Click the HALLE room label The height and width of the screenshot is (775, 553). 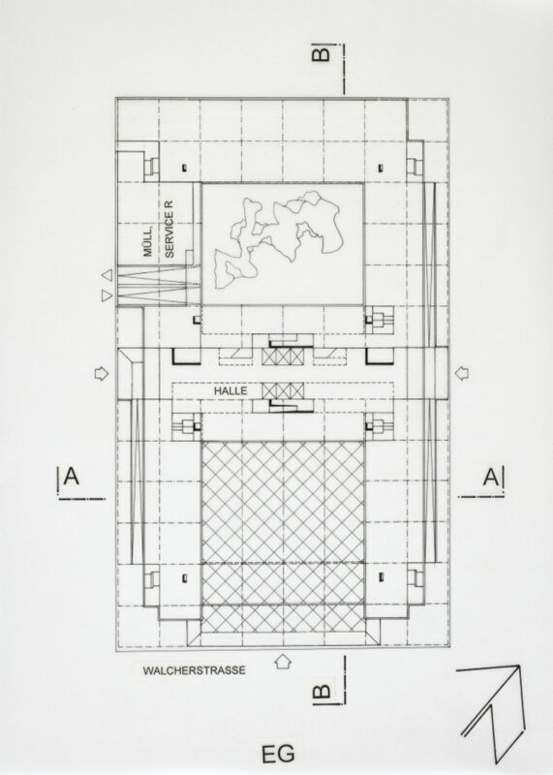230,390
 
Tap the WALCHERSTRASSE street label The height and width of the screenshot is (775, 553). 195,670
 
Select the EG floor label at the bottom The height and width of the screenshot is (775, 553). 278,755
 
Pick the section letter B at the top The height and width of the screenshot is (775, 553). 322,52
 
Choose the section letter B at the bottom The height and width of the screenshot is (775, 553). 322,691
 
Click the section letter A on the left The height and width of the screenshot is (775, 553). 71,477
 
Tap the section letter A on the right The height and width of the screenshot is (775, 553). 491,478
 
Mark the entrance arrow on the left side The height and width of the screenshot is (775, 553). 102,374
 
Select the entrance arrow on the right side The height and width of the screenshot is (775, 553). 462,373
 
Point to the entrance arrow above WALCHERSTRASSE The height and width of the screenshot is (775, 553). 282,662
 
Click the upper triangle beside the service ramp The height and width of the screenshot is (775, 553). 107,275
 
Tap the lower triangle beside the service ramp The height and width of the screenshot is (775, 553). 107,295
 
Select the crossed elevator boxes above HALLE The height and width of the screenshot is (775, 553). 282,357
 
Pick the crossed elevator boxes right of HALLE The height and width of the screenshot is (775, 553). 282,391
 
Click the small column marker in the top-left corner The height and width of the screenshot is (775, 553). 184,168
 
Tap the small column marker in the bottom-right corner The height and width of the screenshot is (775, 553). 381,576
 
